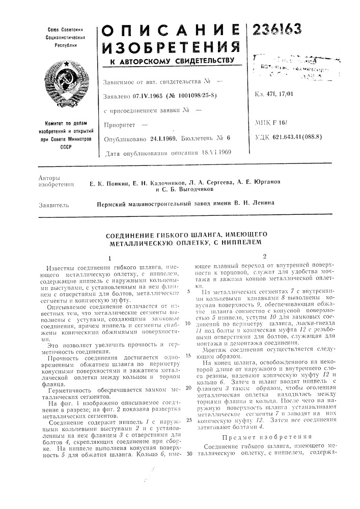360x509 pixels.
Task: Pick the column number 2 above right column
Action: tap(263, 256)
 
